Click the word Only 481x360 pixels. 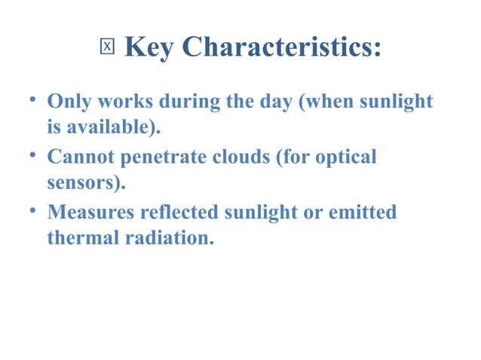coord(67,101)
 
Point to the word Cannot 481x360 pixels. coord(81,157)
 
